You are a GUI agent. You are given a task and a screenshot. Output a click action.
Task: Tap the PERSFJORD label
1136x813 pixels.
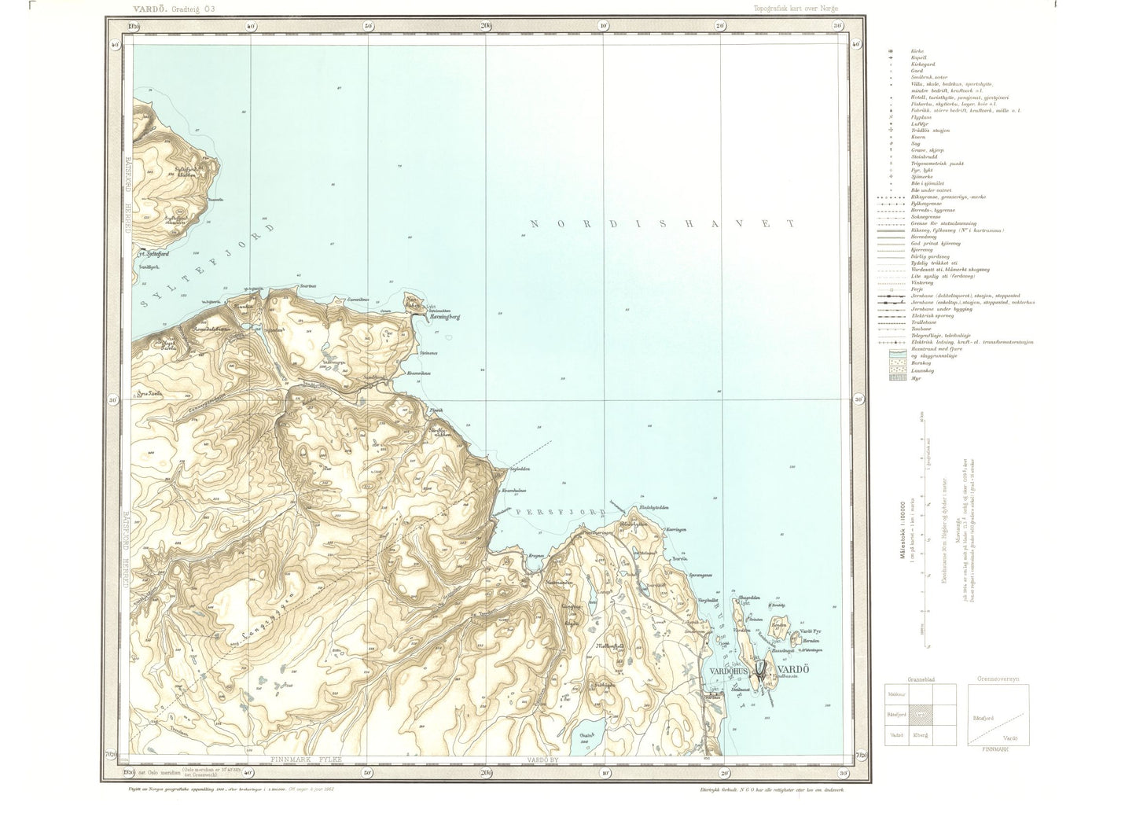[560, 512]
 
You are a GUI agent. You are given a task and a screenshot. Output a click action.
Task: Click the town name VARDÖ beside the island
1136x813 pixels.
[795, 670]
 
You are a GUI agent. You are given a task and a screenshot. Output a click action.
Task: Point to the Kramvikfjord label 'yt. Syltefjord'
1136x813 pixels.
[153, 254]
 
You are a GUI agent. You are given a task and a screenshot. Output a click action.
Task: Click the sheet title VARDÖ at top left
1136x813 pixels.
[134, 7]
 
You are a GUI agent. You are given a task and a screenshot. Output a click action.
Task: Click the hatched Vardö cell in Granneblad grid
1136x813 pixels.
[920, 715]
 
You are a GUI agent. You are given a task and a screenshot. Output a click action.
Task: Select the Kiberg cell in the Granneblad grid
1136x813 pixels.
[920, 734]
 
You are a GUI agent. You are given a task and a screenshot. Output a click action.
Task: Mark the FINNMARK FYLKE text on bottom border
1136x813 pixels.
[307, 760]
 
